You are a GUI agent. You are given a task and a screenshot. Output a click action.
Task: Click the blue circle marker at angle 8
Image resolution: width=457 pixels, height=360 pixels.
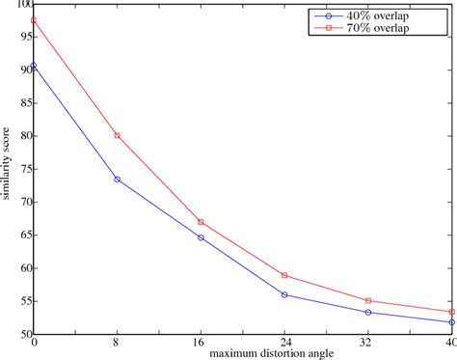117,179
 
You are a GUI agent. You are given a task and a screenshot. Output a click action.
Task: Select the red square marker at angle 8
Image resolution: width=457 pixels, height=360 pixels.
117,135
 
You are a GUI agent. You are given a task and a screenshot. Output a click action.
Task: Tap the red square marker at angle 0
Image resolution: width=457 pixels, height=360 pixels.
34,20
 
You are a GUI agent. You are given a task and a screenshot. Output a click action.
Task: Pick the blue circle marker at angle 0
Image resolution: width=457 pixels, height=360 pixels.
34,66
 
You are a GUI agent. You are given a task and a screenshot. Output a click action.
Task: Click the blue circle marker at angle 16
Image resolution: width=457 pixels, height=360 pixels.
201,237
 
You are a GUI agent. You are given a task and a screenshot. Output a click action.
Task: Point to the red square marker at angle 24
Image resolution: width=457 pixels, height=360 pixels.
284,276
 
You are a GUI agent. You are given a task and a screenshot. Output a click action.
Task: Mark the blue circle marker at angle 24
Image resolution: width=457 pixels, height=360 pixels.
284,294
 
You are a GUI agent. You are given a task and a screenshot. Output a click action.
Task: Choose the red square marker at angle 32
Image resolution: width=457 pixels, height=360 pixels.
368,301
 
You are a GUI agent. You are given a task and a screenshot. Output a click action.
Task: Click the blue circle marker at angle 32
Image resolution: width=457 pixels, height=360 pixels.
368,312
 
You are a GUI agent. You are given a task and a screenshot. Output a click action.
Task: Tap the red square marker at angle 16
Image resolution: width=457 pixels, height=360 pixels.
201,222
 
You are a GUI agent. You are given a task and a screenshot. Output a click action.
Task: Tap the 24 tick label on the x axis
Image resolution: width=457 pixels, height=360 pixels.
284,344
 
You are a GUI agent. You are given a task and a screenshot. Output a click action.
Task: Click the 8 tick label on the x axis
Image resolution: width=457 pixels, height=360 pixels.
117,344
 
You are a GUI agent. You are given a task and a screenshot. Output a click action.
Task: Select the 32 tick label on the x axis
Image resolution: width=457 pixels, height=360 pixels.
368,344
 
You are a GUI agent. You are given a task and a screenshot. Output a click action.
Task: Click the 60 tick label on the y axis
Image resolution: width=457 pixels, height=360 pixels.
23,268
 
